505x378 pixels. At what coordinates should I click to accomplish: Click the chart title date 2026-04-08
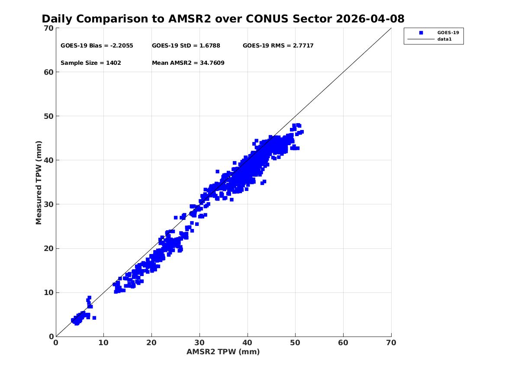point(370,19)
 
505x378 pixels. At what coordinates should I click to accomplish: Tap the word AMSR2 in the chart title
point(190,19)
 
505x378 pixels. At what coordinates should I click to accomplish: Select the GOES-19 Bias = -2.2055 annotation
point(96,46)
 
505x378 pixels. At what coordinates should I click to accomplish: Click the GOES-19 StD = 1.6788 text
point(186,46)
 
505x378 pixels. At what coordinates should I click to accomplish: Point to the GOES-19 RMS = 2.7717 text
point(278,46)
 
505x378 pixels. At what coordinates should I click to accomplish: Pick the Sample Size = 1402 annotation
point(91,63)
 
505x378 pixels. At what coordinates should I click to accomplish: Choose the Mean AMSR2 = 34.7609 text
point(188,63)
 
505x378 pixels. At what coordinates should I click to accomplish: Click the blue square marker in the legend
point(421,32)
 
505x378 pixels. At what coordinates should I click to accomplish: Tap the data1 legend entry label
point(444,39)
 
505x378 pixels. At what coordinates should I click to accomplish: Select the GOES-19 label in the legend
point(448,32)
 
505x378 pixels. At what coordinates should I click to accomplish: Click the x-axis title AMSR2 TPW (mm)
point(223,352)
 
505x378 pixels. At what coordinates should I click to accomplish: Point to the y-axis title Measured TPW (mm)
point(39,183)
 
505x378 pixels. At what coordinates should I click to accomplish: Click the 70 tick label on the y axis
point(48,28)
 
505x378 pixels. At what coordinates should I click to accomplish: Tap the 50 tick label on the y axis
point(48,116)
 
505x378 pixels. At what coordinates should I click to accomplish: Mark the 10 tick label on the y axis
point(48,292)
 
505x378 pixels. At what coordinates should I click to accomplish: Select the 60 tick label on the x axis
point(343,343)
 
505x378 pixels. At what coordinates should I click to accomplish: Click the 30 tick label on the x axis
point(199,343)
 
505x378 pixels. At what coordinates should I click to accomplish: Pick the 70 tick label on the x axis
point(391,343)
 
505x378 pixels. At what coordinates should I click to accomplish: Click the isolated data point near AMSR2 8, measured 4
point(94,318)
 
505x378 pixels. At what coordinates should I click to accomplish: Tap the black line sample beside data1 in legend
point(421,39)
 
